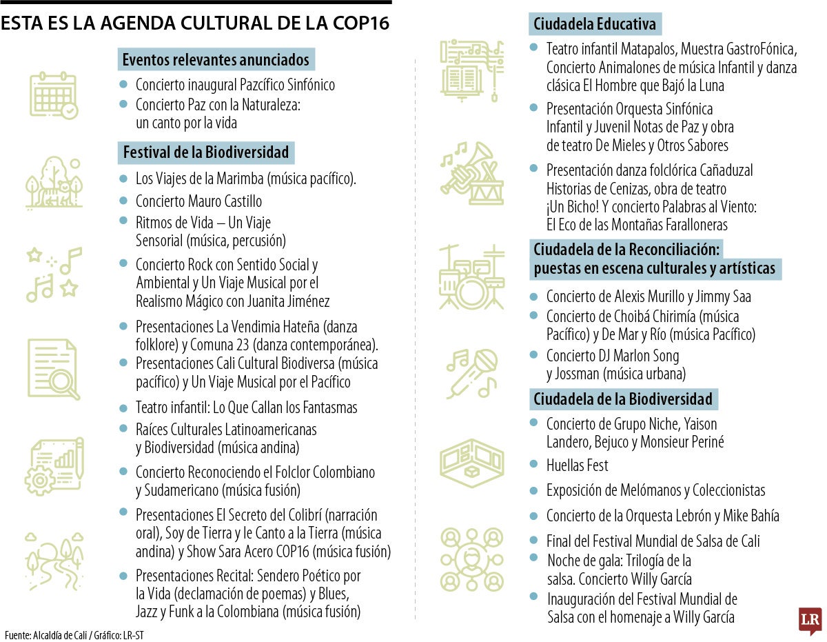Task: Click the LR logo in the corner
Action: click(x=810, y=621)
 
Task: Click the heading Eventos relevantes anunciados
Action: click(x=216, y=59)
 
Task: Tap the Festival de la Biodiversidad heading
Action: click(x=206, y=152)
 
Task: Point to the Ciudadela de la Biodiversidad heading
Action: click(x=623, y=399)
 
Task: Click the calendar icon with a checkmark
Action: click(x=53, y=95)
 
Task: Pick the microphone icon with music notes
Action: click(x=471, y=372)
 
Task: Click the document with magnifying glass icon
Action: click(x=53, y=368)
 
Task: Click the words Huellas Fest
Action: click(x=578, y=466)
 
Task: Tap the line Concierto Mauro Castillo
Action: click(x=198, y=201)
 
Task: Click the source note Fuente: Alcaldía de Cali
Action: click(x=48, y=634)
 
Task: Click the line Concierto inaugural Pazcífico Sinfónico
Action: click(x=235, y=85)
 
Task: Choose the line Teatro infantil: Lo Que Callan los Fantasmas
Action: click(x=246, y=408)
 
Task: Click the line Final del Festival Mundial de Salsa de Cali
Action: click(x=653, y=541)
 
